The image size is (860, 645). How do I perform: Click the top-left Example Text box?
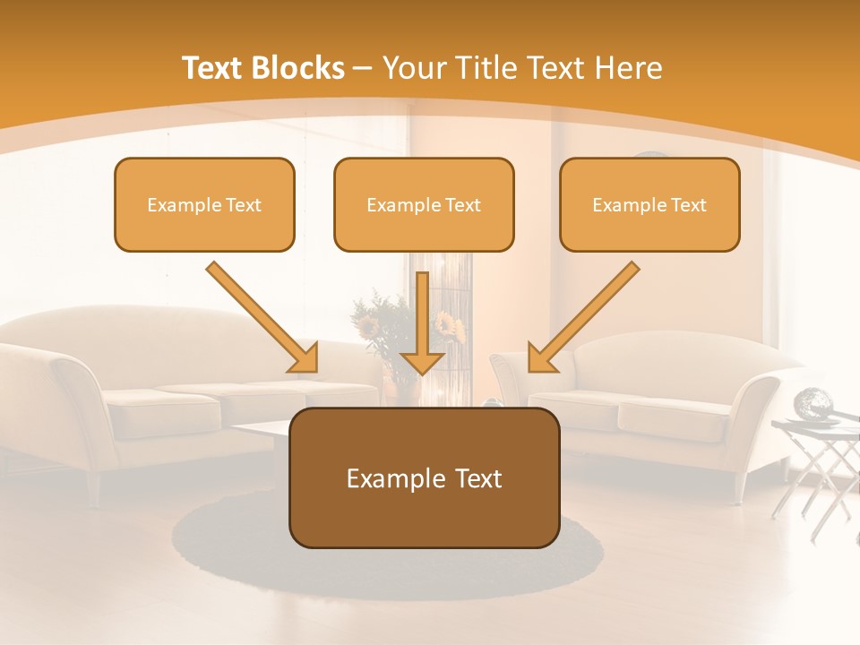tap(204, 204)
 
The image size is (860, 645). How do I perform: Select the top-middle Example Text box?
tap(424, 204)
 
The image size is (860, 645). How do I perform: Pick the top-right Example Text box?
tap(649, 204)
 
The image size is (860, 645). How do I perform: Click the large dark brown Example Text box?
tap(424, 477)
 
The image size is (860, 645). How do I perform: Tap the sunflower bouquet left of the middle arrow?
tap(376, 322)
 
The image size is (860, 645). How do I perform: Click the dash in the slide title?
tap(364, 68)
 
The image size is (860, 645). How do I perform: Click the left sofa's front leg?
tap(92, 490)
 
